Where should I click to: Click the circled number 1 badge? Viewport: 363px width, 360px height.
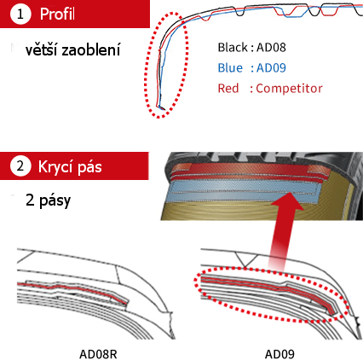pos(20,14)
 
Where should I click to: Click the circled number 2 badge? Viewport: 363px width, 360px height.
pos(20,166)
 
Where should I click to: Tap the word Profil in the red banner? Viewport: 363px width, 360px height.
pos(57,14)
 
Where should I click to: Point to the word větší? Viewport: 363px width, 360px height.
pos(42,49)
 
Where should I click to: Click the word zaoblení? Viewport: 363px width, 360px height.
pos(91,49)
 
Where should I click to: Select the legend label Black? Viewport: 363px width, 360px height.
pos(233,48)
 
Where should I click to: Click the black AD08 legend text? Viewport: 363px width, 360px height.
pos(271,48)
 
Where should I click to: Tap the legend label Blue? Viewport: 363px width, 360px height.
pos(230,68)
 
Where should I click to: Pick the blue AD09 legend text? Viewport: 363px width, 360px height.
pos(271,68)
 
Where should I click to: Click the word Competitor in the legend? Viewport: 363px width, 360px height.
pos(289,89)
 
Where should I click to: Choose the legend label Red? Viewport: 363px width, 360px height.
pos(228,89)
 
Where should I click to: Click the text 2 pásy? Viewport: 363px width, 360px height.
pos(48,200)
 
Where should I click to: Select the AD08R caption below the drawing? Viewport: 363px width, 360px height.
pos(98,354)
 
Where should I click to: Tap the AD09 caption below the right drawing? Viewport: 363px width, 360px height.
pos(279,354)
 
